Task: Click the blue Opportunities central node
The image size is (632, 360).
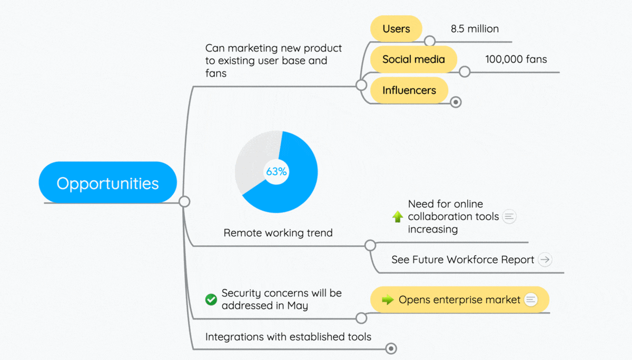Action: [108, 183]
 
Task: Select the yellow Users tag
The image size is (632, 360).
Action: [396, 28]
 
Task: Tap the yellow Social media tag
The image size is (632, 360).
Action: [413, 59]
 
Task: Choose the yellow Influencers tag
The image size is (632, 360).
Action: [409, 90]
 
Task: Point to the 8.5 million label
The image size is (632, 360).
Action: [475, 29]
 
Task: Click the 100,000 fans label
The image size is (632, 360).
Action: [516, 59]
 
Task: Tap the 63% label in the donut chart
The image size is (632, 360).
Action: [276, 172]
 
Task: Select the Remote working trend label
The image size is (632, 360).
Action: [278, 233]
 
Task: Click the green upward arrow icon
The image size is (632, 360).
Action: [398, 216]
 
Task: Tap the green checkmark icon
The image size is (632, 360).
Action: [211, 299]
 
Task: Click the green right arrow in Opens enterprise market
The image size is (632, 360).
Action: [388, 299]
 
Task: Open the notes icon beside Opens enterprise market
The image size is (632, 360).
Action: [531, 299]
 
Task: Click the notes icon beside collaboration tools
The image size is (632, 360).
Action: [509, 216]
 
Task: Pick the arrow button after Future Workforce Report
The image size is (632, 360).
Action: [545, 259]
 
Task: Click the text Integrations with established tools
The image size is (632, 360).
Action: [288, 337]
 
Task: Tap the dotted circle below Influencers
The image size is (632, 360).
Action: [456, 102]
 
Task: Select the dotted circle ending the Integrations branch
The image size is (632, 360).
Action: [391, 349]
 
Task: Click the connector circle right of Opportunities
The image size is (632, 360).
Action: [184, 202]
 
